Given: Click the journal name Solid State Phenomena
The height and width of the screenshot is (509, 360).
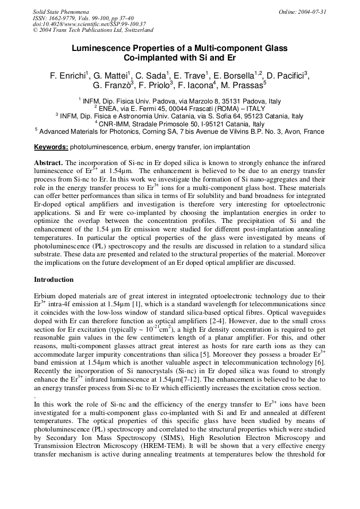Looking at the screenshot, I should (61, 11).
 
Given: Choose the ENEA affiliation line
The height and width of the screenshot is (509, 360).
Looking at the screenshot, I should (179, 108).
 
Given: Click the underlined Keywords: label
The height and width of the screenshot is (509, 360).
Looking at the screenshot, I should (51, 147).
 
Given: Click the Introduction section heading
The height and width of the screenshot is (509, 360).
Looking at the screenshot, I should (54, 280).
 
